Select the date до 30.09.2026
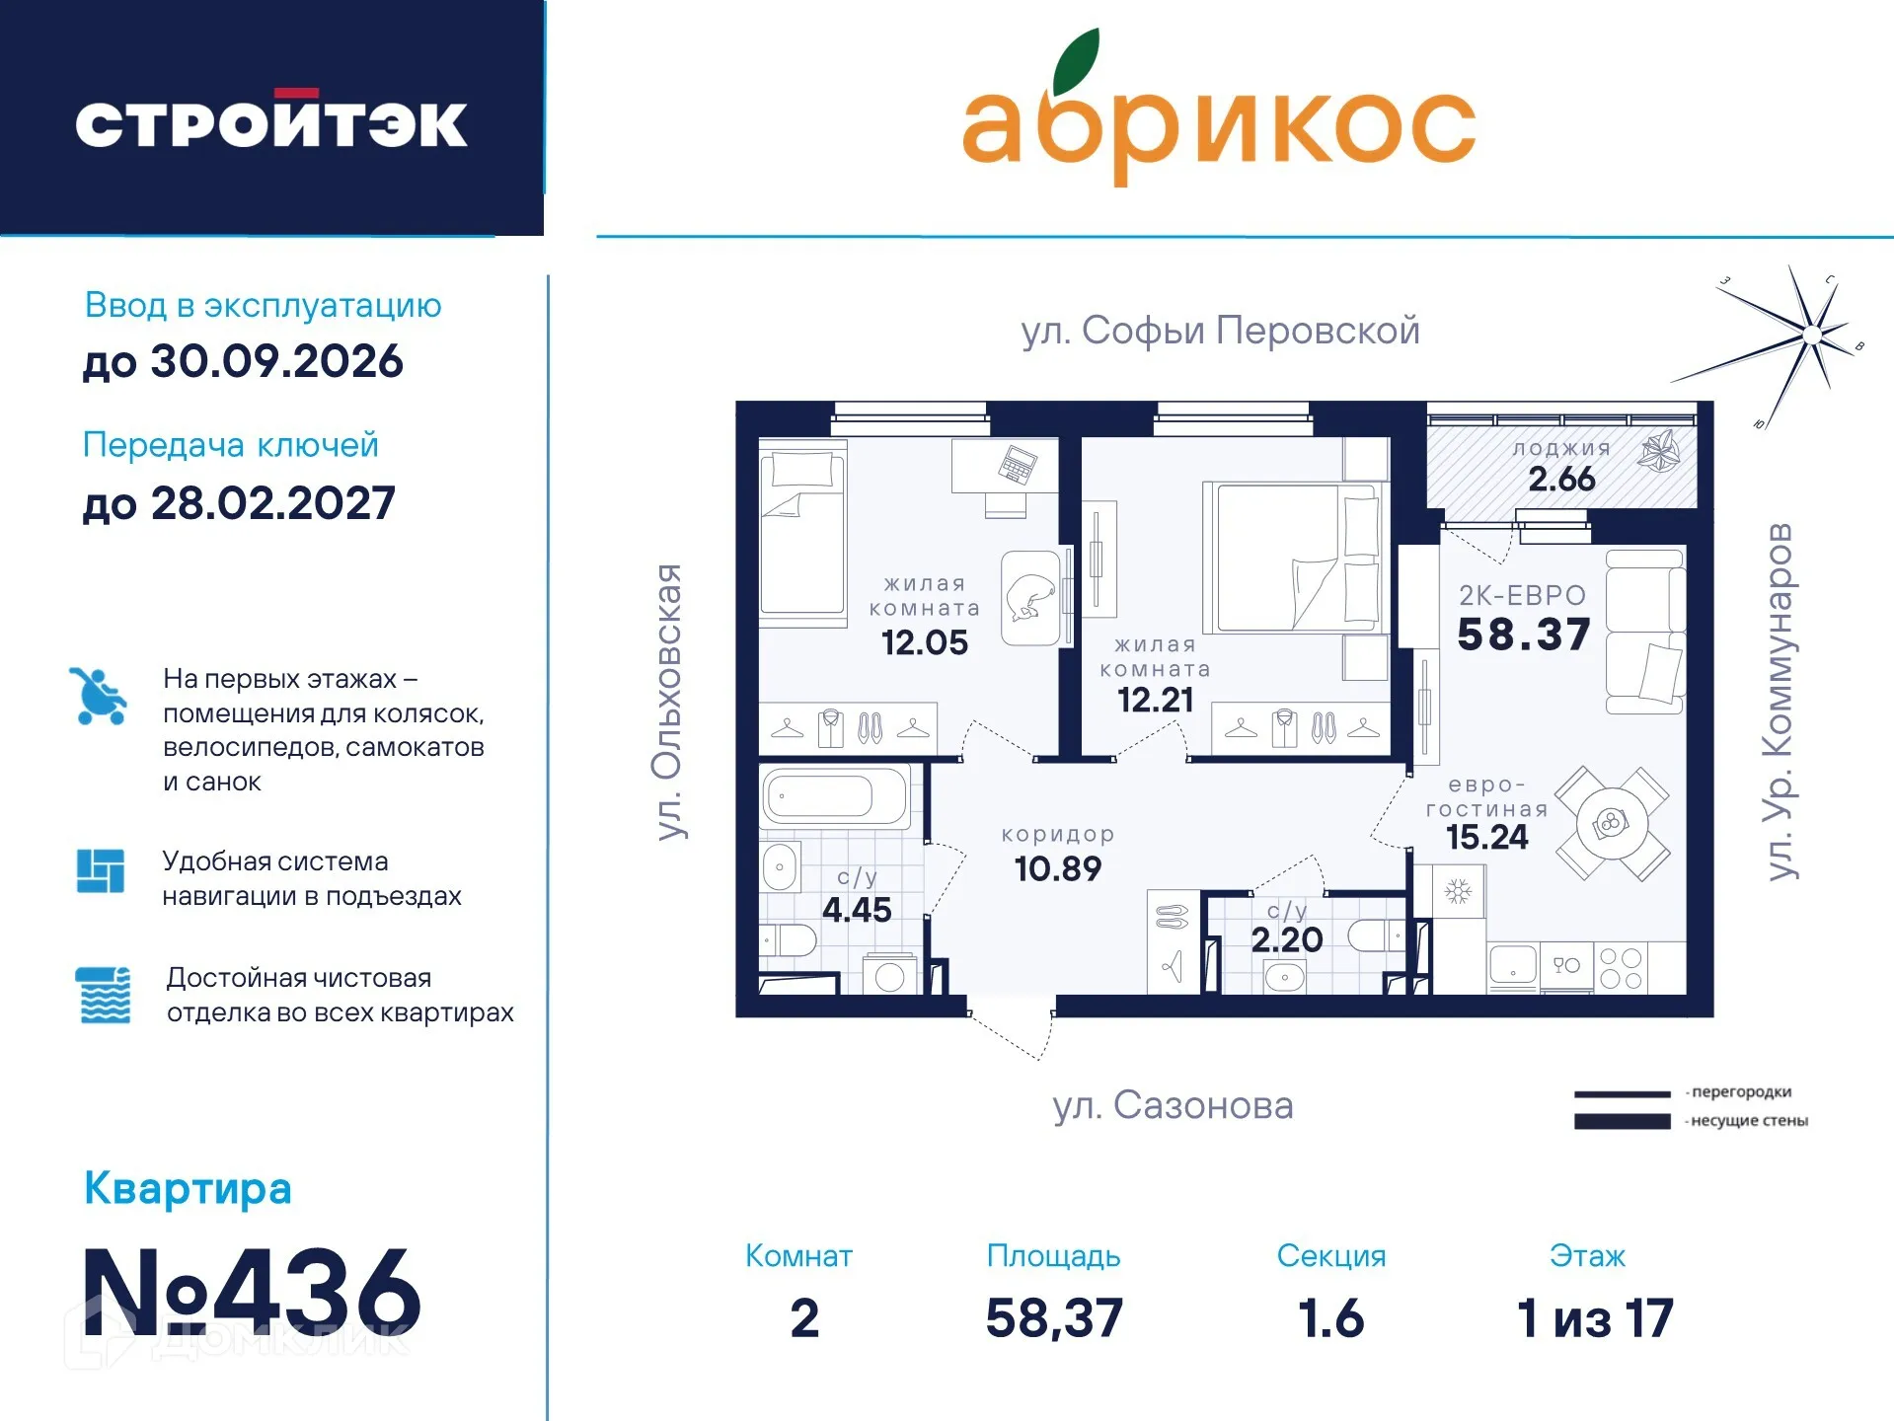click(243, 361)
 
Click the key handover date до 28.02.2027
click(239, 503)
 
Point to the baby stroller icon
click(99, 697)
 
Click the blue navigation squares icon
click(101, 871)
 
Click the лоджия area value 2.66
click(1561, 480)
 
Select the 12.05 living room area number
click(925, 642)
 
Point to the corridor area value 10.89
click(1058, 868)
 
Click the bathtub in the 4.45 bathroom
click(834, 795)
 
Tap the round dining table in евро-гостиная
click(1612, 823)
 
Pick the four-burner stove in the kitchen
click(1621, 968)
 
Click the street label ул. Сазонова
click(1173, 1105)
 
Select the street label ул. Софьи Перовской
click(1220, 330)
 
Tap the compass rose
click(1810, 336)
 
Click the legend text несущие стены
click(1749, 1121)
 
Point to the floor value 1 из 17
click(1595, 1318)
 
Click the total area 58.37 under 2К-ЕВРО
click(1524, 635)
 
